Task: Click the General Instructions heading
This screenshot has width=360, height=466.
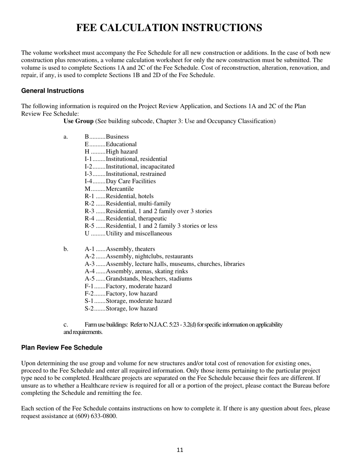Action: [x=53, y=91]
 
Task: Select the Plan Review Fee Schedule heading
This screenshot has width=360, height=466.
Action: [x=62, y=348]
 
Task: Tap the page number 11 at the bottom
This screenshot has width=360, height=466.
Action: [x=180, y=450]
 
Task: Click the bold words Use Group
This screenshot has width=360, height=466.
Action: [x=78, y=121]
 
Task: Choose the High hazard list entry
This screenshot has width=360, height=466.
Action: [x=122, y=152]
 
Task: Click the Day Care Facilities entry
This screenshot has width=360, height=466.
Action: [x=131, y=181]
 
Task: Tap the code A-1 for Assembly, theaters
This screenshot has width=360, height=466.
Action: [x=89, y=249]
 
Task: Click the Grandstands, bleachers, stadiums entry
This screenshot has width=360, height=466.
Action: [x=149, y=279]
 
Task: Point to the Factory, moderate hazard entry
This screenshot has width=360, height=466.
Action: [x=139, y=286]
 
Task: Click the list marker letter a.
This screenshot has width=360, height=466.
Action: [x=66, y=137]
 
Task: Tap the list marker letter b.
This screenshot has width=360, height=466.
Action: [x=66, y=249]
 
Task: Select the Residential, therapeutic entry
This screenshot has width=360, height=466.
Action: [x=136, y=219]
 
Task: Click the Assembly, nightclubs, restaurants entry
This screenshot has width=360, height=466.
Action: [x=149, y=256]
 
